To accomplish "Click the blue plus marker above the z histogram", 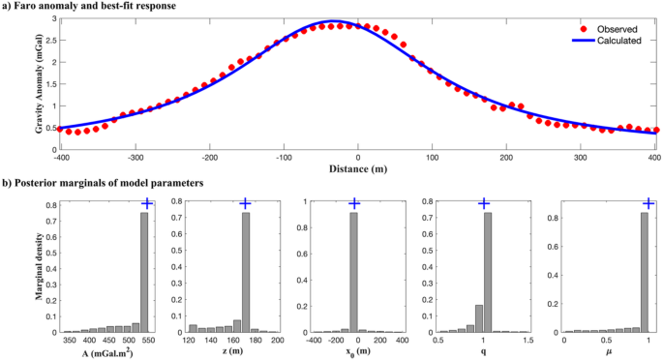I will click(x=245, y=202).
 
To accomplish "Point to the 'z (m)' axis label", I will click(x=232, y=353).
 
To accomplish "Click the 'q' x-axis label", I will click(x=483, y=353).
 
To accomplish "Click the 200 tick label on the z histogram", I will click(x=277, y=341).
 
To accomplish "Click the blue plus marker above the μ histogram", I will click(x=648, y=202).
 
